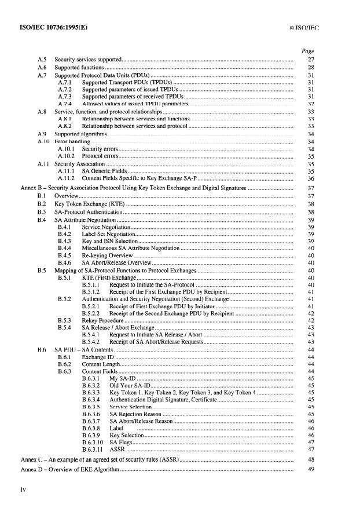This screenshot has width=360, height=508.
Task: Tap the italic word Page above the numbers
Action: coord(308,52)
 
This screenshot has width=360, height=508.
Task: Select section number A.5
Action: coord(42,60)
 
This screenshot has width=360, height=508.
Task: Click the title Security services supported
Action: coord(88,60)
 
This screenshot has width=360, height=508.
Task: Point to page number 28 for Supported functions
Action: coord(311,68)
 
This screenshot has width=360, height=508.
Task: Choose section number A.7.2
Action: coord(65,90)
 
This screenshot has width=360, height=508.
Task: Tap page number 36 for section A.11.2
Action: coord(311,180)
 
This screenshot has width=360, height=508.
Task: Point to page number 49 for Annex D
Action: coord(311,469)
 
